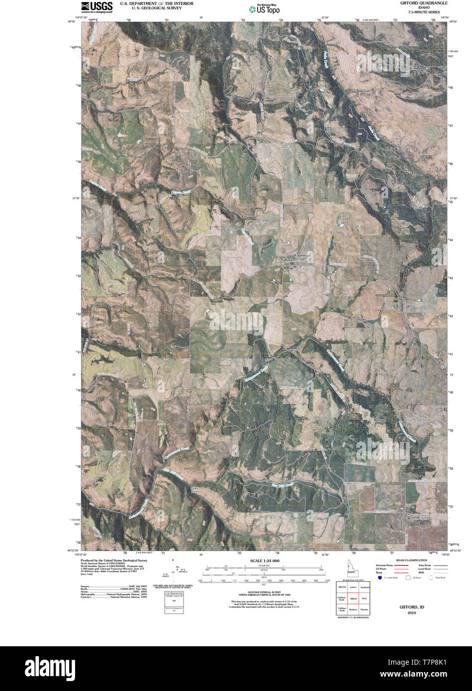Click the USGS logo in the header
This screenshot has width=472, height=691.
coord(96,6)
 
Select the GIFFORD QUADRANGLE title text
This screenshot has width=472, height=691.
coord(424,3)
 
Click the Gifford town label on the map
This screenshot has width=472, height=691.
coord(287,260)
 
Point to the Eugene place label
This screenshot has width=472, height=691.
coord(300,255)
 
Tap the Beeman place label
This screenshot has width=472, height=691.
coord(380,420)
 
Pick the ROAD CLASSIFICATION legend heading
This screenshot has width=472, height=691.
coord(411,560)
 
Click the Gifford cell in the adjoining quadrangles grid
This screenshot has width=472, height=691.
coord(353,599)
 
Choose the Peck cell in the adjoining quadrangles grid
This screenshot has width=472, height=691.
coord(364,599)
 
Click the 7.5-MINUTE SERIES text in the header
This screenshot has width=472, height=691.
coord(424,11)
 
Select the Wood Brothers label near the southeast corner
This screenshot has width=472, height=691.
coord(420,517)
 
